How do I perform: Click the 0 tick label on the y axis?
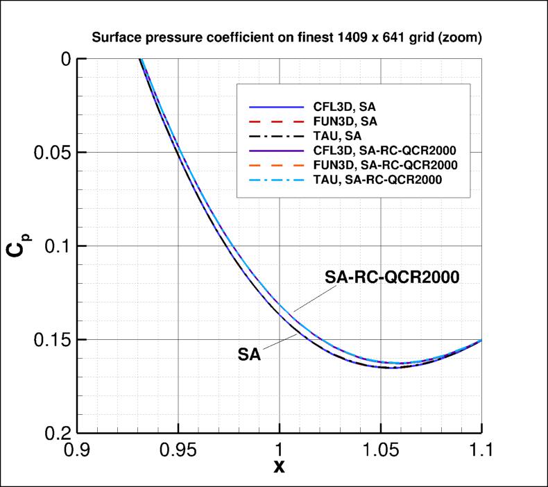click(66, 60)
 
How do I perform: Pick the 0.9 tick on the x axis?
click(77, 450)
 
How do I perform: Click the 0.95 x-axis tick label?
click(178, 450)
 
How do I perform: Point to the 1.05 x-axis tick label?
click(380, 450)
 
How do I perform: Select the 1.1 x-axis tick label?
click(481, 450)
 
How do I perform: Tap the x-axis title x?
click(279, 466)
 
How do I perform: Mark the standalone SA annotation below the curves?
click(249, 354)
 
